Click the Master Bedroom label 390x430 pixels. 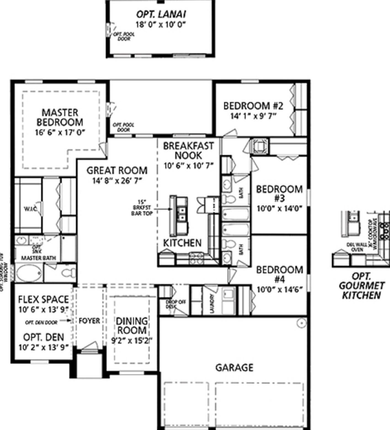point(60,117)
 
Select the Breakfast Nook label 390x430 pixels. point(189,151)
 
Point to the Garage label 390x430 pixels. point(234,367)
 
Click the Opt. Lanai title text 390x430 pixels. point(161,14)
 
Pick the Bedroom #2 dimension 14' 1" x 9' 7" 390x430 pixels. point(253,116)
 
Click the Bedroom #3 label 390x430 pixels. point(279,194)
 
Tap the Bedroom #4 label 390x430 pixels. point(279,274)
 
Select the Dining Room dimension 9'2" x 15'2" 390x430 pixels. point(132,340)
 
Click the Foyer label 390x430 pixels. point(89,321)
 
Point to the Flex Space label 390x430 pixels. point(43,299)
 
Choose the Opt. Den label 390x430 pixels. point(43,337)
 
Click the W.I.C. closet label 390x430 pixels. point(30,209)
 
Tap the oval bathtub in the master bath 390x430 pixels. point(29,273)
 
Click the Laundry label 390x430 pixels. point(212,304)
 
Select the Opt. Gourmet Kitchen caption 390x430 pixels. point(361,286)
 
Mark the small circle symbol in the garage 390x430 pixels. point(301,323)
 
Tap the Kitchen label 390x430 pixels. point(182,243)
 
